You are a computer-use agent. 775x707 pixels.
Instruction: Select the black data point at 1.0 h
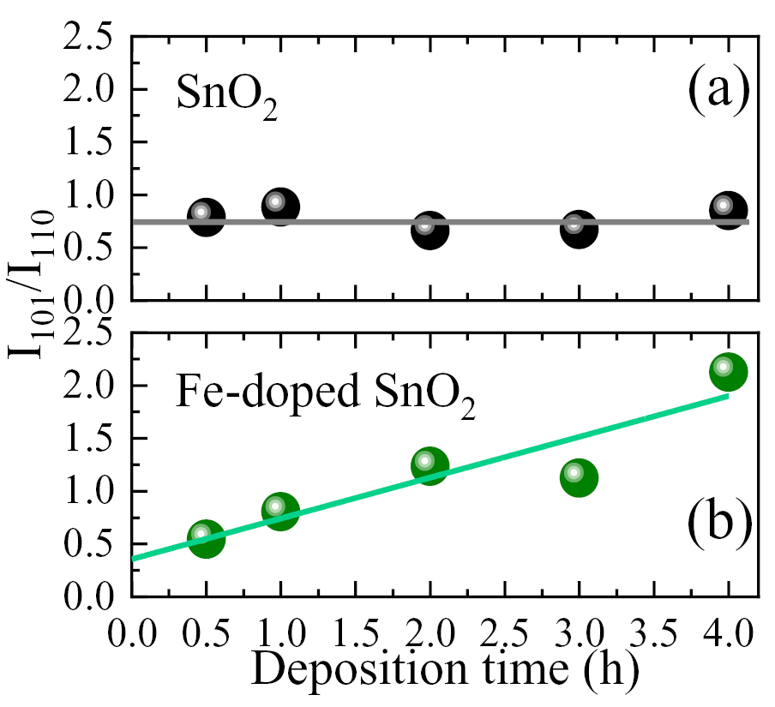click(x=279, y=207)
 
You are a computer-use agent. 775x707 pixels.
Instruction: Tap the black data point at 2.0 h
click(x=430, y=231)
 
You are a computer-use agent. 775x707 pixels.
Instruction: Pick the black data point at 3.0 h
click(x=579, y=230)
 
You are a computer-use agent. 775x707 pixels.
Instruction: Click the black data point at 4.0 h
click(x=728, y=210)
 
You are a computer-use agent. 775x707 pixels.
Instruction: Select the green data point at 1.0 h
click(x=279, y=512)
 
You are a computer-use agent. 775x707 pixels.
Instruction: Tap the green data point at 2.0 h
click(x=430, y=466)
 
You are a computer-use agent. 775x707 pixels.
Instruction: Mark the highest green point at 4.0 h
click(x=728, y=372)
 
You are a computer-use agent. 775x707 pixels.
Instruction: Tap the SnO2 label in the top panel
click(x=226, y=97)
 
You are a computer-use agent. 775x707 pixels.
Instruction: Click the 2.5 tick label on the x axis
click(x=504, y=636)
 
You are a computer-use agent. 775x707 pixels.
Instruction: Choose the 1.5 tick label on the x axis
click(x=354, y=636)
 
